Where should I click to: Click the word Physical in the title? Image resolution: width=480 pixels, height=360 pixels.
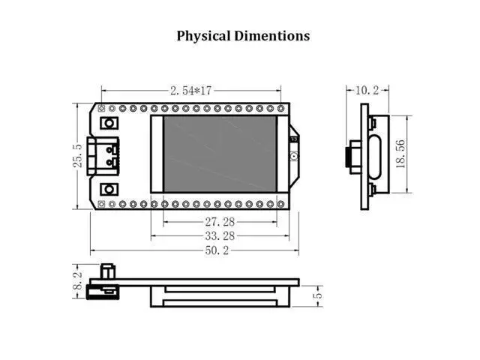point(203,36)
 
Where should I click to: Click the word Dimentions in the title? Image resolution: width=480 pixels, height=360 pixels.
point(272,36)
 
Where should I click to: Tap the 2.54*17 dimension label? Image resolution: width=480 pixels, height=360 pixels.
point(190,91)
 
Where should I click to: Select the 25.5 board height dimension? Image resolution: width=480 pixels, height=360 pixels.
point(78,156)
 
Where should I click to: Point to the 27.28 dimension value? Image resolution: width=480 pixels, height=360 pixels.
point(220,222)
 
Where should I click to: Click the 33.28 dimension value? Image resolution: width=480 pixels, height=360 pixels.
point(220,236)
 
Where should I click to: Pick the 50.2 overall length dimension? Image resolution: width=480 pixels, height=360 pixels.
point(217,250)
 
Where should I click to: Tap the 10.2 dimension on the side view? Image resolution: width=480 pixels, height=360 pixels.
point(367,90)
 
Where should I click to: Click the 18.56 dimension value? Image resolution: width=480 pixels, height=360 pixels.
point(400,154)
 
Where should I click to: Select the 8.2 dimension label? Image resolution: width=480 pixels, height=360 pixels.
point(78,280)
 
